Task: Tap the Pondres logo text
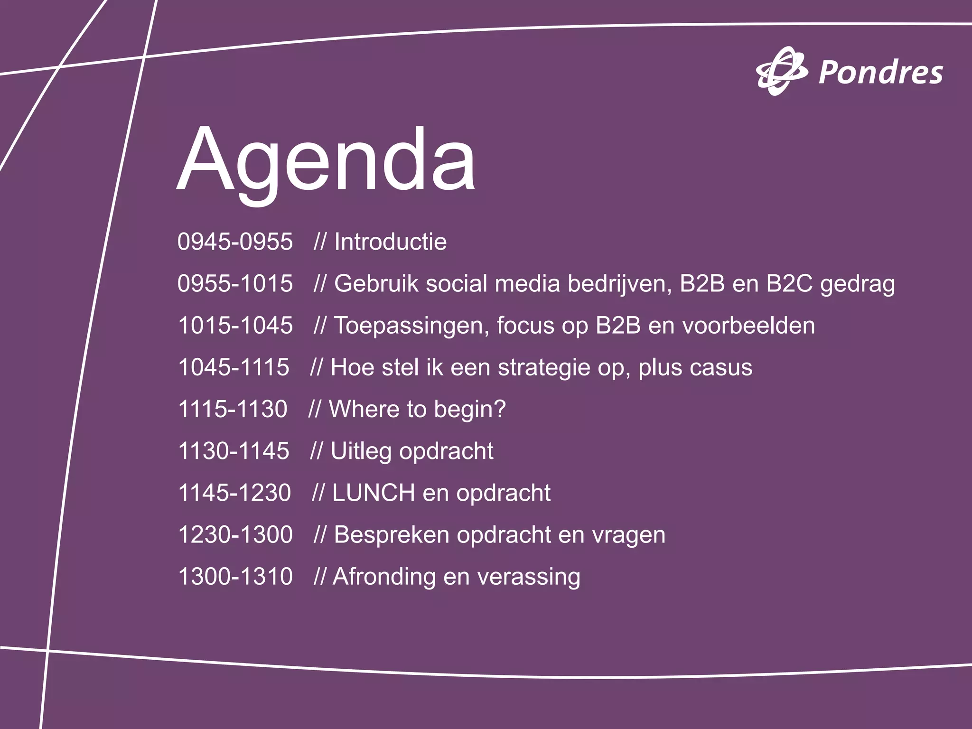point(880,74)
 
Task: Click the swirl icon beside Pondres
point(781,71)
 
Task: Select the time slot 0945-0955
point(235,242)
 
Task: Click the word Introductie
point(390,242)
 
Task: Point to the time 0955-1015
point(235,283)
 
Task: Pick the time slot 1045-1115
point(233,367)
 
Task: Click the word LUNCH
point(373,493)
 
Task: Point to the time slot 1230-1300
point(235,535)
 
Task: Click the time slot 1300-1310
point(235,577)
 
